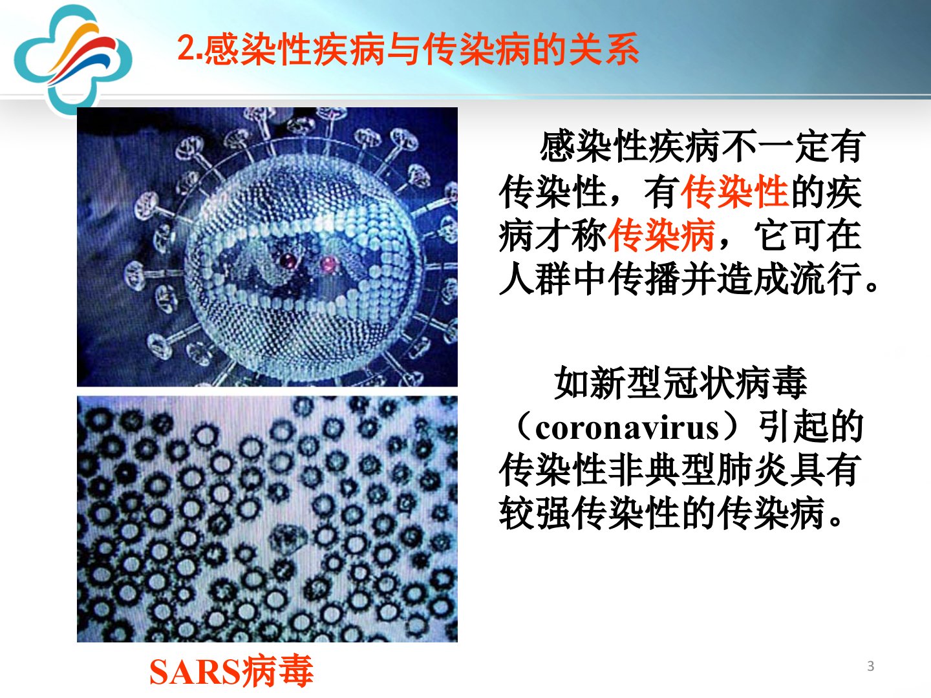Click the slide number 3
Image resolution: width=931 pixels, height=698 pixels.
click(870, 666)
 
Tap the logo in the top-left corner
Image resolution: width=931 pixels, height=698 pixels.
click(72, 59)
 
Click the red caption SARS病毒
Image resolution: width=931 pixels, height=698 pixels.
click(231, 671)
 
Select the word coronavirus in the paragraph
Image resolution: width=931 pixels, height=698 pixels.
click(626, 428)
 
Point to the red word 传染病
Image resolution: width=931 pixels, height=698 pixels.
click(661, 236)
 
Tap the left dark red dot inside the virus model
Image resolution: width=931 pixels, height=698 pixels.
click(289, 260)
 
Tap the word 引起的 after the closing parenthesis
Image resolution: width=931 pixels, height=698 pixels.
click(811, 427)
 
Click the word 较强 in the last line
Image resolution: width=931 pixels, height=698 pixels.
click(535, 513)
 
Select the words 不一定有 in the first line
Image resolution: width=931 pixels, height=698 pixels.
click(792, 146)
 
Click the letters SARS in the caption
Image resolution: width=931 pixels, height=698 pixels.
click(194, 672)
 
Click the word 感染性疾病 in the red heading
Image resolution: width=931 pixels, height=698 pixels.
click(294, 48)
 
